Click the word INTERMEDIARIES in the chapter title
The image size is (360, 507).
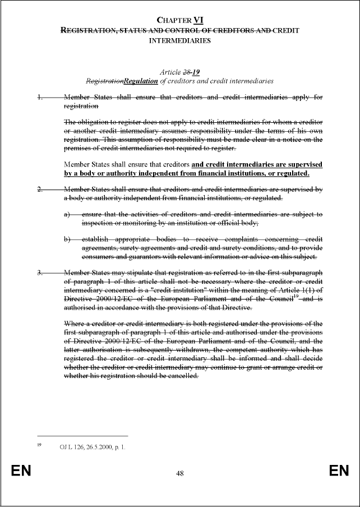point(180,40)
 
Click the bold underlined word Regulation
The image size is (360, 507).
point(141,81)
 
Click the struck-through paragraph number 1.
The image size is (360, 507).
point(40,97)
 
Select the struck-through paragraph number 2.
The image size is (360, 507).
point(40,189)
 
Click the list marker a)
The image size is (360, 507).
point(67,214)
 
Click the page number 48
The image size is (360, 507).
point(180,473)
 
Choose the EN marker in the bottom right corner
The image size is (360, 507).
point(339,471)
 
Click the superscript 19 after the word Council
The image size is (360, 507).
point(294,298)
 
